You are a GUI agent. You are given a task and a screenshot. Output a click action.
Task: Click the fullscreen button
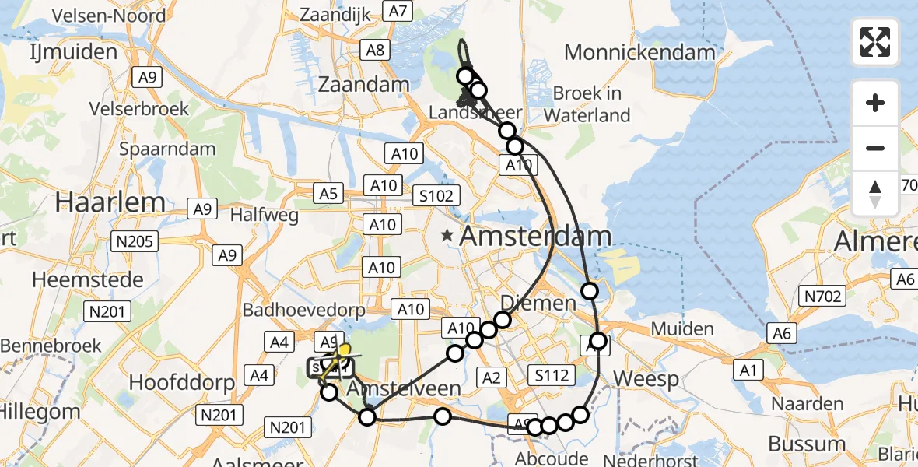pos(875,41)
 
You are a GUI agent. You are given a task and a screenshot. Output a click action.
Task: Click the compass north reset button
pos(875,194)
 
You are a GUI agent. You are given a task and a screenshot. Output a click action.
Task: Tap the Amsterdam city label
pos(535,237)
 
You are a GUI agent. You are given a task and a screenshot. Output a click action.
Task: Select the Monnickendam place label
pos(639,53)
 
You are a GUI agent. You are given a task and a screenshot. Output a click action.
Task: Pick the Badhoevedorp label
pos(303,310)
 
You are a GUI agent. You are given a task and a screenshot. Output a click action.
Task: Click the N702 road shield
pos(822,295)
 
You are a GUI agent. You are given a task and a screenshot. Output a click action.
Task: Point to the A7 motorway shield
pos(398,11)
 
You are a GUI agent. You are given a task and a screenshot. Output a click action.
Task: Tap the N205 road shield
pos(135,241)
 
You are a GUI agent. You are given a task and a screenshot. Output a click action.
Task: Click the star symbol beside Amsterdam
pos(447,234)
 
